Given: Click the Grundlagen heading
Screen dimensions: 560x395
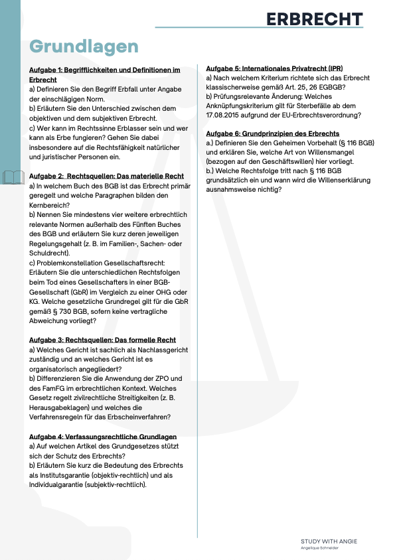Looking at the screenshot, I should pyautogui.click(x=84, y=46).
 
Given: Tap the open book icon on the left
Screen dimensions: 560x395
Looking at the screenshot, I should pyautogui.click(x=14, y=177).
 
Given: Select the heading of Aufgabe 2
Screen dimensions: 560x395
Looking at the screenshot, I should pyautogui.click(x=107, y=176).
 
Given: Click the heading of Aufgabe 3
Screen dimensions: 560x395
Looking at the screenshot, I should pyautogui.click(x=102, y=339).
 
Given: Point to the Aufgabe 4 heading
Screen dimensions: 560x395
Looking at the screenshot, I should pyautogui.click(x=103, y=437).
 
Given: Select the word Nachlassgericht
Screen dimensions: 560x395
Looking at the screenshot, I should pyautogui.click(x=159, y=349).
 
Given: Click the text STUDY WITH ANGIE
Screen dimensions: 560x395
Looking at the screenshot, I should pyautogui.click(x=329, y=541).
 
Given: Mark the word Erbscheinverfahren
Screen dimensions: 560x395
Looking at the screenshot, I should pyautogui.click(x=139, y=417).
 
